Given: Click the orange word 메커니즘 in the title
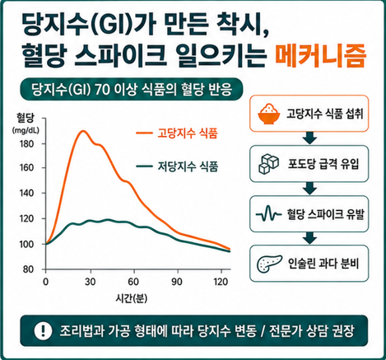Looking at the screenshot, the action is (x=321, y=56).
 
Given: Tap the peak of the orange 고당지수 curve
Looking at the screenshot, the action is (x=83, y=131).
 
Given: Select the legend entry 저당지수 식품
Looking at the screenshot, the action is (x=177, y=166).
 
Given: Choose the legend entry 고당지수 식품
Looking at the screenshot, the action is (x=177, y=133).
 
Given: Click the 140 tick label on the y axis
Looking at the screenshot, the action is (x=27, y=193).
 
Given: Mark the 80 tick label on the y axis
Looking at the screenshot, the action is (x=29, y=269).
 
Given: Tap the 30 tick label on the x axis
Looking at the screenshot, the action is (x=90, y=282).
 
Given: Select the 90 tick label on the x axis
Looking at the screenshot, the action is (x=177, y=282).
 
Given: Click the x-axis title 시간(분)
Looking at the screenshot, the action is (x=132, y=298).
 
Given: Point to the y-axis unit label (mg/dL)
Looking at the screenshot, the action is (x=26, y=131).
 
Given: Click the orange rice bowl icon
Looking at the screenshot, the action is (x=269, y=114).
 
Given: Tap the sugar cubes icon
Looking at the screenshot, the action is (x=268, y=164).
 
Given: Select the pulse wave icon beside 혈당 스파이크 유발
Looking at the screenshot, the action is (x=268, y=213).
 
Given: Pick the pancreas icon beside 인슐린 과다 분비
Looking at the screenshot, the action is (x=269, y=264).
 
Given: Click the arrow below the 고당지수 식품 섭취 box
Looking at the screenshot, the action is (x=309, y=138).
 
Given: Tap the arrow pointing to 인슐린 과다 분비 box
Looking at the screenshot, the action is (x=309, y=238).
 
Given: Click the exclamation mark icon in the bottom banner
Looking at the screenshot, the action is (x=43, y=331).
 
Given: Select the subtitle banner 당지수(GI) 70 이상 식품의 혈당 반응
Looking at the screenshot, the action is (x=132, y=89).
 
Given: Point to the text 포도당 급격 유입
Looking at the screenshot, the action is (x=323, y=164).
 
